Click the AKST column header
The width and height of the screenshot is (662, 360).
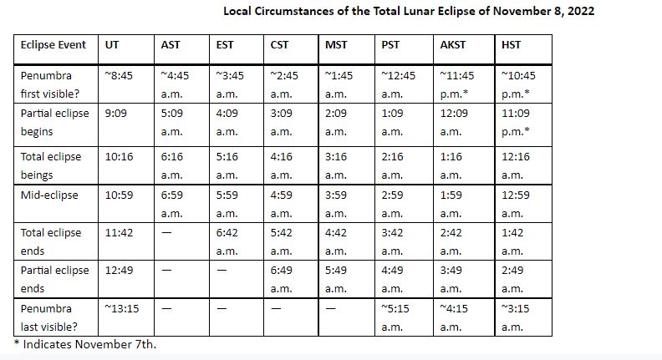(452, 45)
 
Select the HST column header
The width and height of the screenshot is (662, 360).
(511, 45)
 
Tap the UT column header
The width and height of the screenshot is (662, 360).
(112, 45)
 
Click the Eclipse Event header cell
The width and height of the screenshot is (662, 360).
(53, 45)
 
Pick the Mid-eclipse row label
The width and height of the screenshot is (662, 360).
(49, 195)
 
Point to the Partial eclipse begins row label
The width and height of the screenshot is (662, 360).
(54, 123)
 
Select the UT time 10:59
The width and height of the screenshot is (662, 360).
(119, 195)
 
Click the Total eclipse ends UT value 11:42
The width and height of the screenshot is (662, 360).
(119, 232)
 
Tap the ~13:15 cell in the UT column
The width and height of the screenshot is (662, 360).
(122, 308)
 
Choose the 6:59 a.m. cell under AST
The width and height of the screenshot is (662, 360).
(172, 205)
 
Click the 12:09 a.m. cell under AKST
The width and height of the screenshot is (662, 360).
(454, 123)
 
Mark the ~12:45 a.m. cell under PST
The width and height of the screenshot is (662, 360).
(398, 84)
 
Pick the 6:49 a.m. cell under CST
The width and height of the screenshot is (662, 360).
(281, 279)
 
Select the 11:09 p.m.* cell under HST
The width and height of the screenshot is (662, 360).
(516, 123)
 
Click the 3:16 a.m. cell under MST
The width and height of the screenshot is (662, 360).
(336, 166)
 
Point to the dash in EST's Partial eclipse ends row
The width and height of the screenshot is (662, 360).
(222, 271)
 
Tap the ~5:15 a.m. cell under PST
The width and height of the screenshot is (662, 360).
(395, 317)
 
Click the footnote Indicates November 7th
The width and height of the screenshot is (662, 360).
(89, 344)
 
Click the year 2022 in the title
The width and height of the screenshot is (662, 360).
(581, 11)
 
